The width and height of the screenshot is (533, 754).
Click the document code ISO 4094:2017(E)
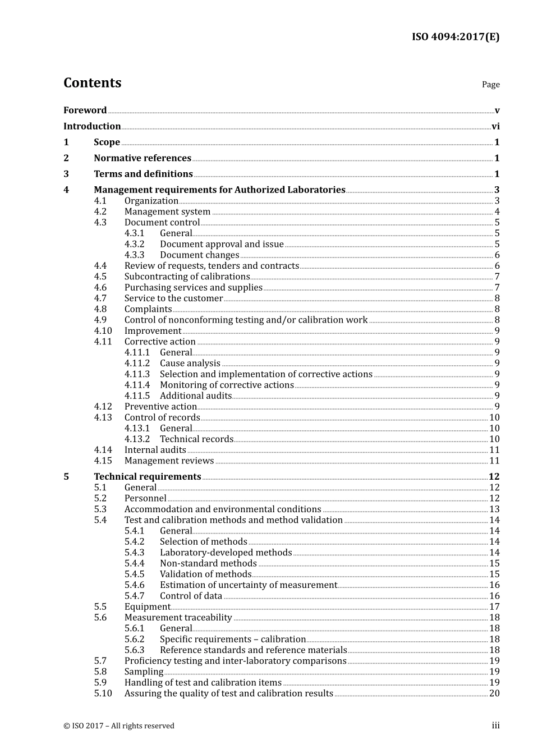455,37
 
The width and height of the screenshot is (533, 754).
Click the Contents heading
92,83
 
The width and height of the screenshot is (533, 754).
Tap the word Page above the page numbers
490,85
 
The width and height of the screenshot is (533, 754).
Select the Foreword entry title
85,111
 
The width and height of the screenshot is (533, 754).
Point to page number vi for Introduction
495,127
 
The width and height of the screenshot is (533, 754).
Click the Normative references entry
143,158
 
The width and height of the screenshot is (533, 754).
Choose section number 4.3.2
134,245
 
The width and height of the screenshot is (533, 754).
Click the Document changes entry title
199,255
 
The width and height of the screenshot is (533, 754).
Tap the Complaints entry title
148,309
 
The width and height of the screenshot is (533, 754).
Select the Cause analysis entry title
190,364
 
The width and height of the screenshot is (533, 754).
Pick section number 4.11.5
137,396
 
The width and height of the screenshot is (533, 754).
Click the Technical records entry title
196,439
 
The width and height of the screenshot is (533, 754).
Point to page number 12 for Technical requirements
494,477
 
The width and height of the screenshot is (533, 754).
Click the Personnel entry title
145,499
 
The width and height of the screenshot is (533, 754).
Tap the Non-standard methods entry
208,564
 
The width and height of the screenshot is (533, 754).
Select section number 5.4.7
134,596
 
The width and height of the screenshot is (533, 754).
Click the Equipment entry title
147,607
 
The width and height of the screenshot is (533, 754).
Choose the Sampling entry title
144,672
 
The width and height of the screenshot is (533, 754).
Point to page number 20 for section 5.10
494,693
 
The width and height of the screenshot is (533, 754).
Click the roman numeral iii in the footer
495,726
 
